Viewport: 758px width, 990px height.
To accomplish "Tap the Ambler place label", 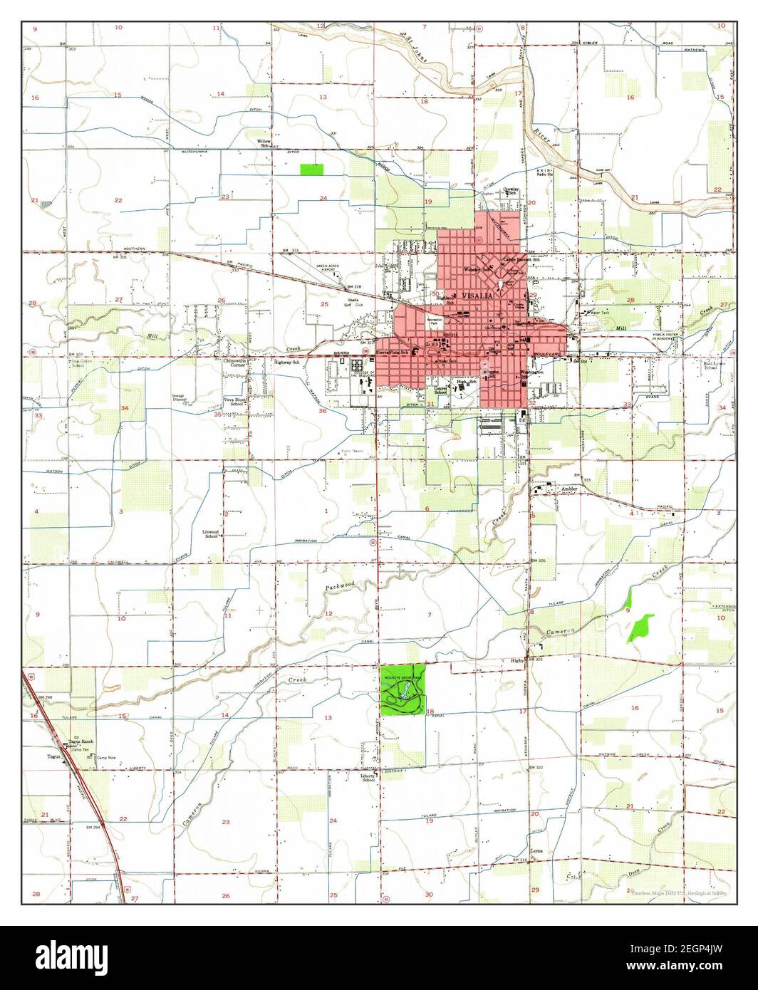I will (x=568, y=489).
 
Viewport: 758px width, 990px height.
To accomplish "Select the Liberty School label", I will (x=368, y=778).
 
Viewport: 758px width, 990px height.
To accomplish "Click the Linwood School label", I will (x=210, y=534).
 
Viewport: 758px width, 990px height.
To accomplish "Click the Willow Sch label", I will (x=264, y=143).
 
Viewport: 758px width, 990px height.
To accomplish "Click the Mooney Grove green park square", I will (x=403, y=689).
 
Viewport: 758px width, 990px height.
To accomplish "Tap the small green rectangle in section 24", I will (x=311, y=170).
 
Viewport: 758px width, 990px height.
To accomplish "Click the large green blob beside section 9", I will (x=642, y=626).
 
